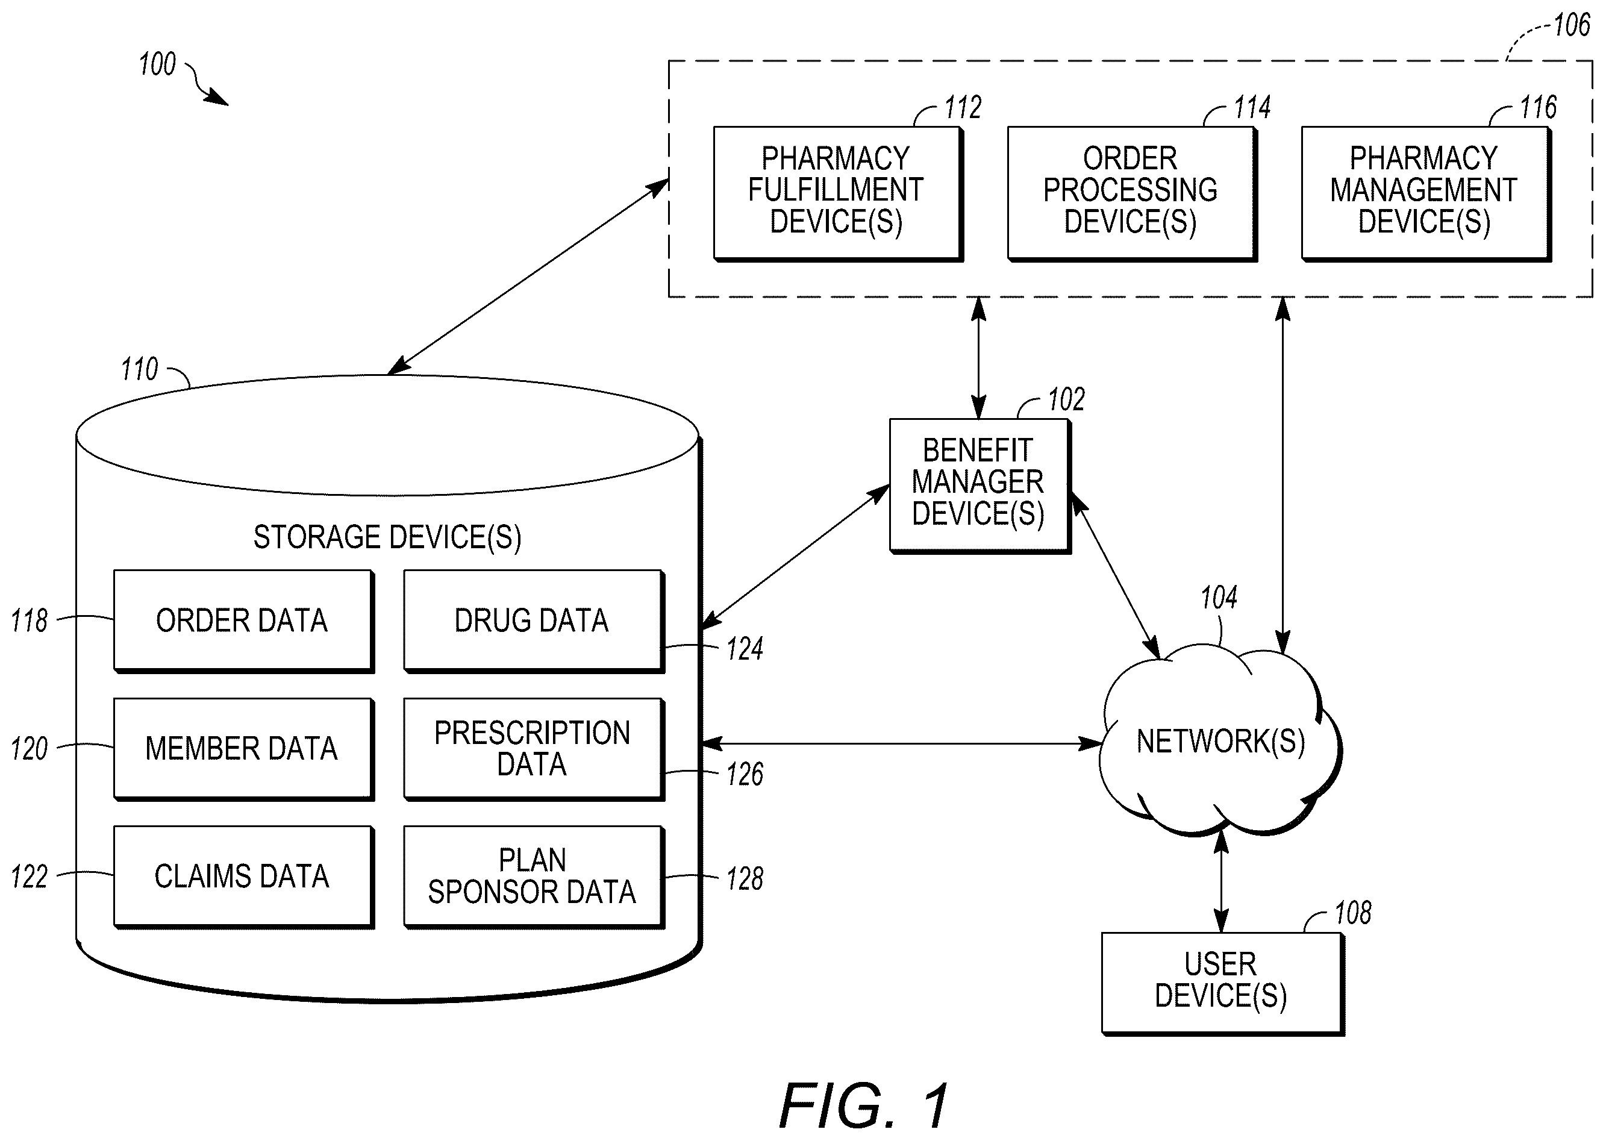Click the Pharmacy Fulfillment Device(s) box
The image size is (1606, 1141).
tap(837, 194)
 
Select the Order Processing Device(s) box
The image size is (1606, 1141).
tap(1132, 194)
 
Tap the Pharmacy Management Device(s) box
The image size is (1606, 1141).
tap(1425, 194)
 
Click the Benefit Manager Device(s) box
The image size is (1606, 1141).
tap(980, 486)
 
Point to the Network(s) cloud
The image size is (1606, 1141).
tap(1220, 741)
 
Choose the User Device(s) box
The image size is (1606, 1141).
tap(1222, 984)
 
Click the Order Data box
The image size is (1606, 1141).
tap(244, 621)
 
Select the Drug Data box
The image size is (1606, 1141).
tap(534, 621)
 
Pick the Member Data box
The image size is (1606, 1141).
tap(244, 749)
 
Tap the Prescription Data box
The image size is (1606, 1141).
tap(534, 749)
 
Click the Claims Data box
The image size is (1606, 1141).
tap(244, 877)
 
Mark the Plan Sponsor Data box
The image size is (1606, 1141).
tap(534, 877)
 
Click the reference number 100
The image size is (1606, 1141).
tap(157, 64)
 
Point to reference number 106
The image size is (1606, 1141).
tap(1572, 25)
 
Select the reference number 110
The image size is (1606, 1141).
tap(139, 369)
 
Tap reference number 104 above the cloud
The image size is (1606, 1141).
tap(1219, 598)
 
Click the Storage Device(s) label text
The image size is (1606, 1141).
tap(387, 537)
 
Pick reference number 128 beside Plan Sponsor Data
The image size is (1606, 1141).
tap(745, 879)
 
